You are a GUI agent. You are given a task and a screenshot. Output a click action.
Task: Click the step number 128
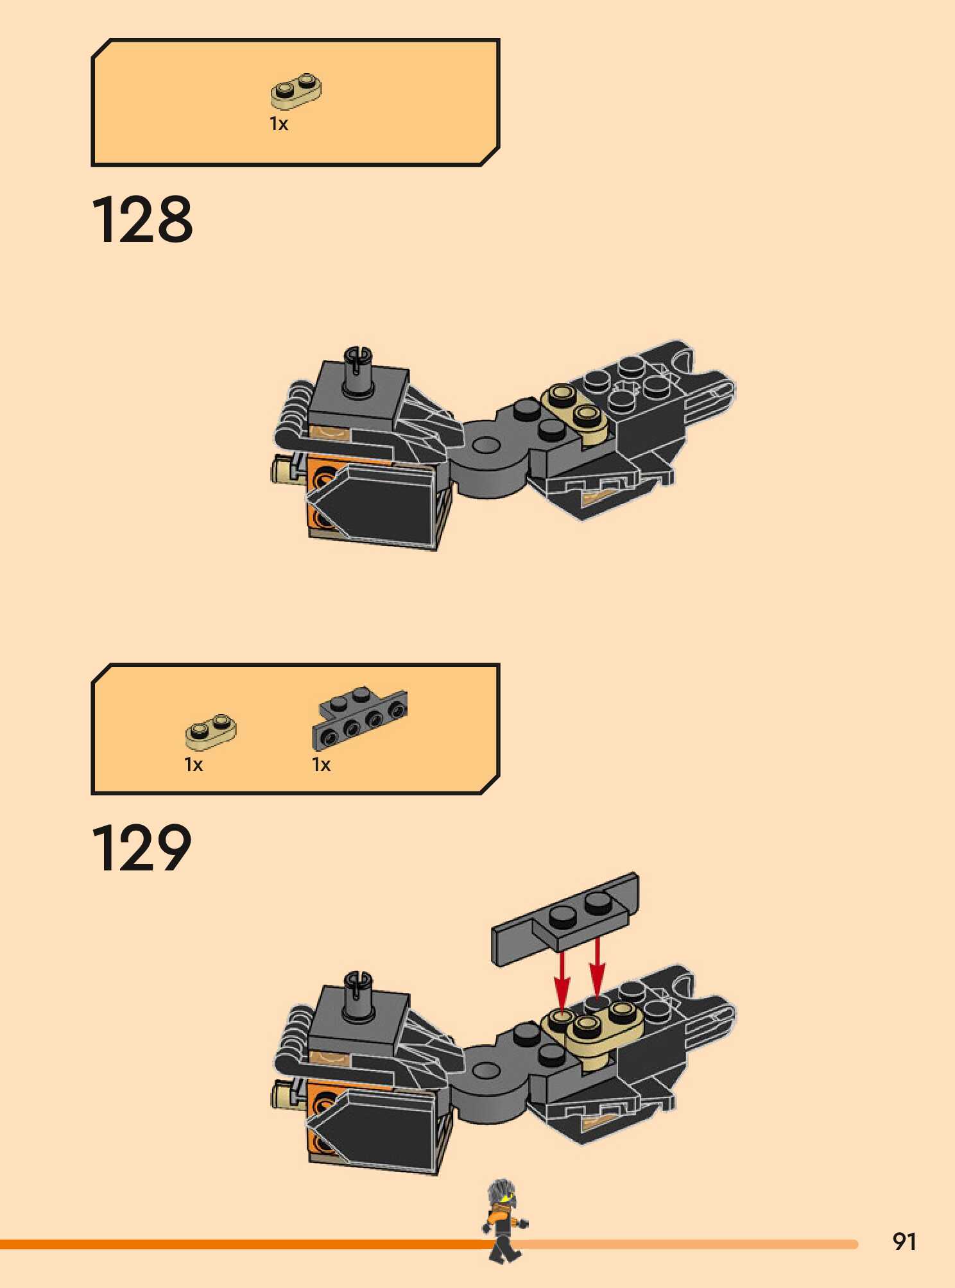point(142,220)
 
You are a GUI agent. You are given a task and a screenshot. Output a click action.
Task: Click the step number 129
point(142,848)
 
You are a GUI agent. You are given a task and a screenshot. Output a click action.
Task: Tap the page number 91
point(904,1242)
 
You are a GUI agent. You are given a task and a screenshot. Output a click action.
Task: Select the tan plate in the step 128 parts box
point(296,92)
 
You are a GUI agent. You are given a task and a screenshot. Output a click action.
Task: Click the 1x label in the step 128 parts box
point(279,124)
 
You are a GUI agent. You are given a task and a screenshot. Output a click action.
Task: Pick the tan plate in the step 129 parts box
point(211,732)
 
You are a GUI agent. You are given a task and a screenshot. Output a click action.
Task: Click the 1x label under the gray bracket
point(321,765)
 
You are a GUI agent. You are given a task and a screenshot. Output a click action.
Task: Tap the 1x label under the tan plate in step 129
point(193,765)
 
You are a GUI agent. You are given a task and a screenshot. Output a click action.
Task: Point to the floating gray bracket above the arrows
point(565,919)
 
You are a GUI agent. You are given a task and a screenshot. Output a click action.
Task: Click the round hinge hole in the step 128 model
point(486,444)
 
